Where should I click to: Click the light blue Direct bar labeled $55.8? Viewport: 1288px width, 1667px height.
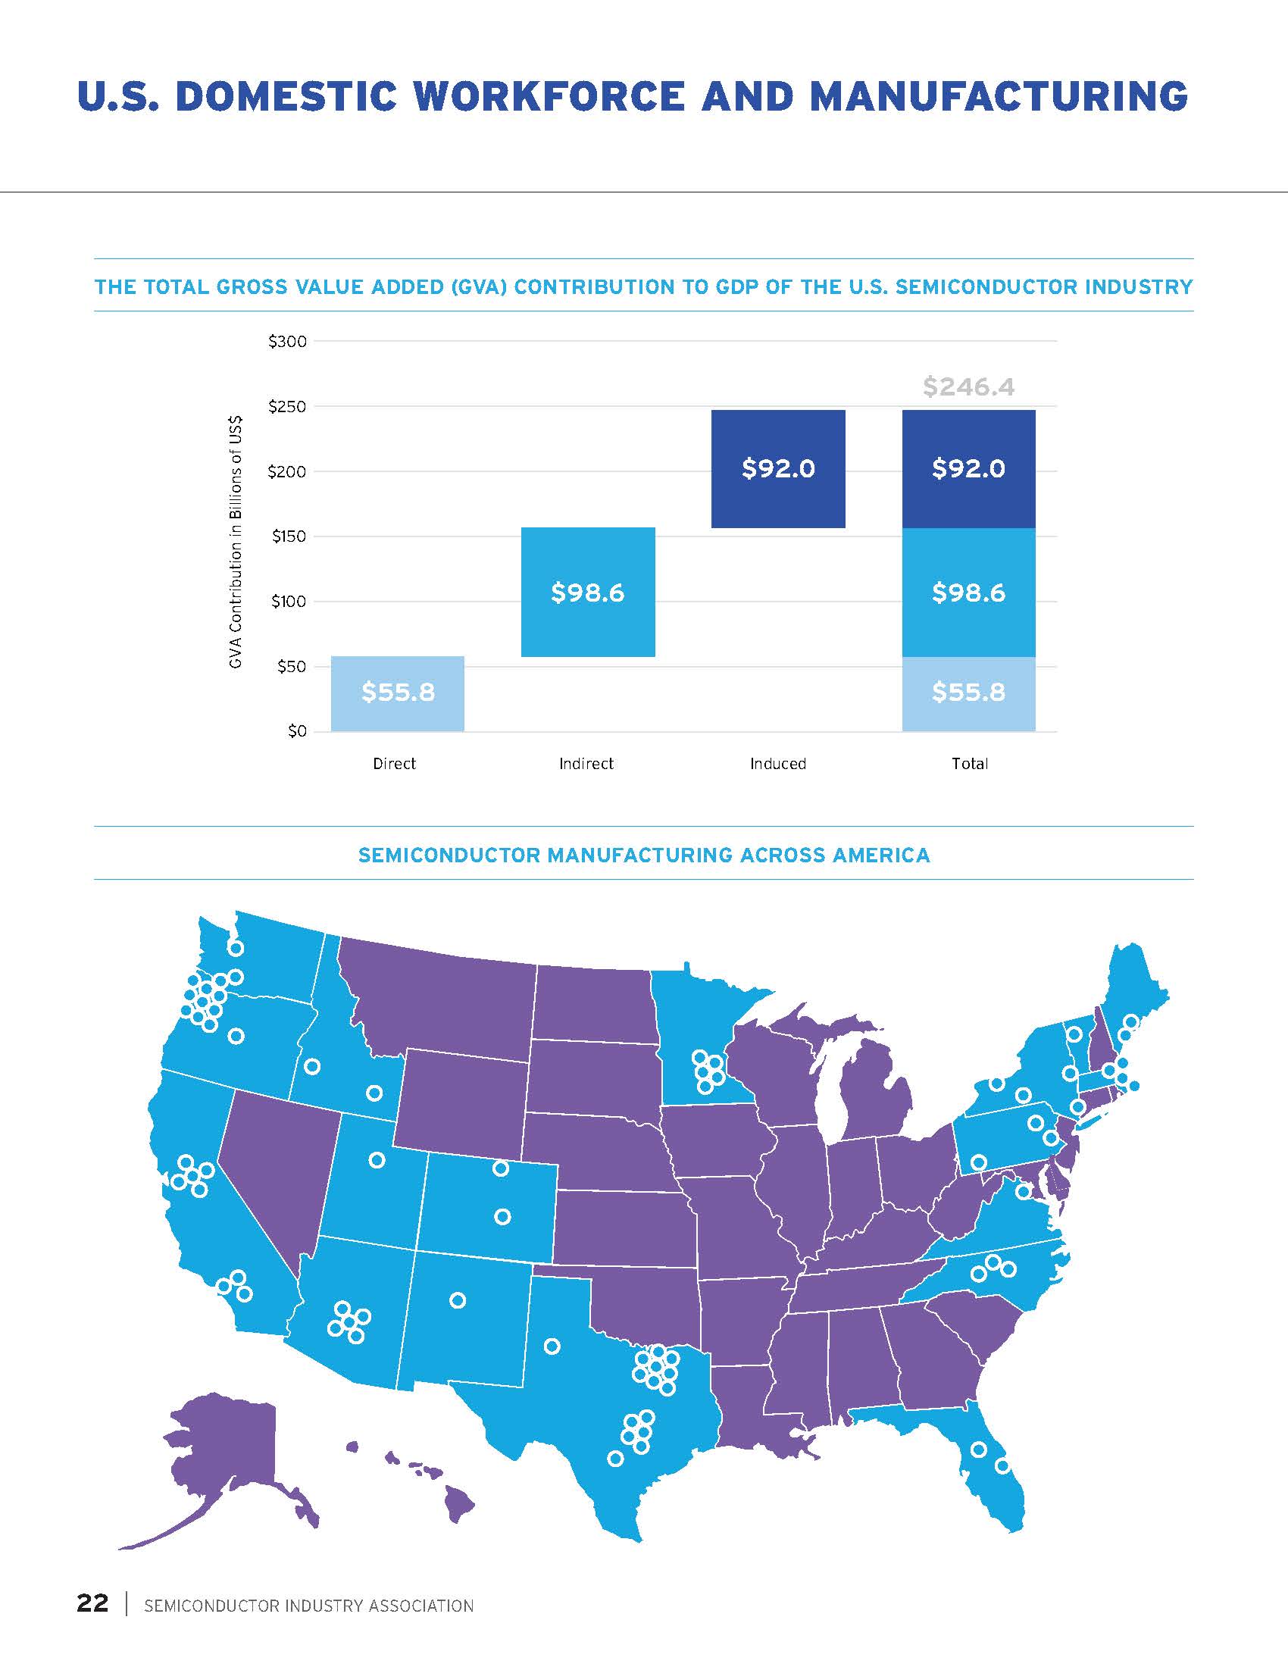398,693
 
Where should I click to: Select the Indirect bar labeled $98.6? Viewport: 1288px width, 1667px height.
587,593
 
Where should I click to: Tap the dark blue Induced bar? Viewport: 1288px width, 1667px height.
777,468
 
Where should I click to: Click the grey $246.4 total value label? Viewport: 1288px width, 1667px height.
968,387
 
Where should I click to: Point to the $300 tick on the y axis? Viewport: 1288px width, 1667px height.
288,341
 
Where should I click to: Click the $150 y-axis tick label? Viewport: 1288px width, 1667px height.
289,536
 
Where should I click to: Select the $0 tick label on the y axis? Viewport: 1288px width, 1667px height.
297,731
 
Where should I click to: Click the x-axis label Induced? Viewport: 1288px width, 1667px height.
777,763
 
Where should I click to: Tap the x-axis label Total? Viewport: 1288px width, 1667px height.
969,763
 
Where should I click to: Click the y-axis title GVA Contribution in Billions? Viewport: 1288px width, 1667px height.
236,542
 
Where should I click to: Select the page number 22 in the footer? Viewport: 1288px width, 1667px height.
92,1603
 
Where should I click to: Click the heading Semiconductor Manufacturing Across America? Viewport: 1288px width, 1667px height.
644,855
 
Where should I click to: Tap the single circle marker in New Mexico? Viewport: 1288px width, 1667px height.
458,1300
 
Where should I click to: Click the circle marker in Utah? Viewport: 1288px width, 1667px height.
377,1160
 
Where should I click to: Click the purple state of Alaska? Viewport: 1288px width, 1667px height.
221,1450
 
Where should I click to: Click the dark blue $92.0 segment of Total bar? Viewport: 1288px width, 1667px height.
968,468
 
